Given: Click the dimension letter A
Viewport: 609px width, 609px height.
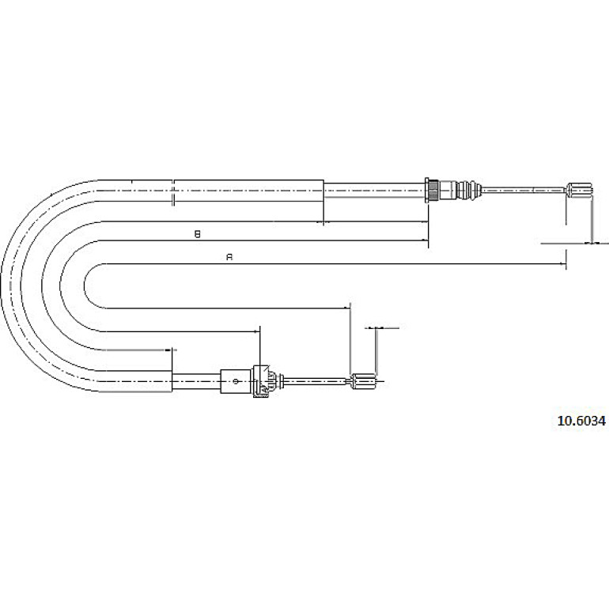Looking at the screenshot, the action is tap(229, 257).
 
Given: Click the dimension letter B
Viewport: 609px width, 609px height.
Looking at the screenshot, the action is tap(197, 234).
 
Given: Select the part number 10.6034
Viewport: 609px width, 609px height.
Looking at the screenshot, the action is tap(581, 421).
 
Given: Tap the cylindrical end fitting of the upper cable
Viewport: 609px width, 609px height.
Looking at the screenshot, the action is tap(580, 190).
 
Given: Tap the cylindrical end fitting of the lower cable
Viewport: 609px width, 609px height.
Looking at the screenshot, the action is tap(363, 381).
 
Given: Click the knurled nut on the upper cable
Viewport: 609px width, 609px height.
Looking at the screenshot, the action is tap(432, 189).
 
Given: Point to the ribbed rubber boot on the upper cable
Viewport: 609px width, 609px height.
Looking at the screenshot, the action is tap(469, 190).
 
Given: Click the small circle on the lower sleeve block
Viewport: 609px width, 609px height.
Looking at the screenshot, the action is tap(236, 381).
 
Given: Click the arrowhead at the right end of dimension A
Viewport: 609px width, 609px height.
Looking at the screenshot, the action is tap(563, 263).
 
